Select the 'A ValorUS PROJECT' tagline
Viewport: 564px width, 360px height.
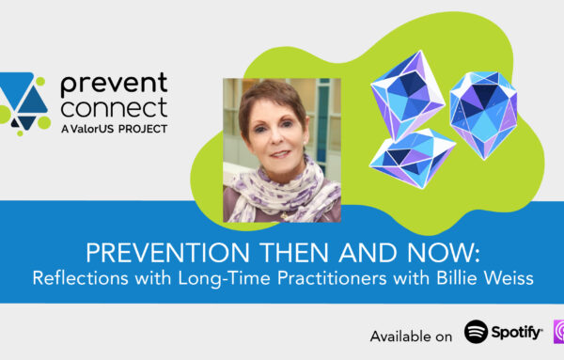(115, 128)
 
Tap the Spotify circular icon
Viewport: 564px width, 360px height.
(478, 332)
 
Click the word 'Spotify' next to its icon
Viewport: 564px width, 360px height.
(518, 332)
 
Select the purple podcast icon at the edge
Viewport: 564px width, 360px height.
(557, 332)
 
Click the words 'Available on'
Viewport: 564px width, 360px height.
(411, 335)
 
